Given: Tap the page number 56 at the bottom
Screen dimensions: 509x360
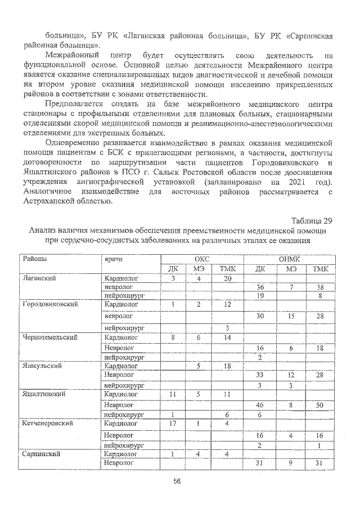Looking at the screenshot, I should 177,481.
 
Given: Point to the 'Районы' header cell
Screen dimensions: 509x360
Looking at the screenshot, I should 35,259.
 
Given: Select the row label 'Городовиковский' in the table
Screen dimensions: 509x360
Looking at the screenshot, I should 49,304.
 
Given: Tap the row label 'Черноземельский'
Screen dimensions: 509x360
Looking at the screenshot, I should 49,337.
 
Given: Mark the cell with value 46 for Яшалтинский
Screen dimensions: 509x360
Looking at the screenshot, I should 260,404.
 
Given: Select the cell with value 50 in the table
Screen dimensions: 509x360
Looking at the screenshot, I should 319,404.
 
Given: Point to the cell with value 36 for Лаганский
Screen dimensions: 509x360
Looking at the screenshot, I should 260,287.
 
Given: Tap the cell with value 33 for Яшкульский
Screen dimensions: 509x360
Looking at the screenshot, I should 260,375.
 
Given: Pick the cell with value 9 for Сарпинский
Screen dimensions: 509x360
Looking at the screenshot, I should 291,463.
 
